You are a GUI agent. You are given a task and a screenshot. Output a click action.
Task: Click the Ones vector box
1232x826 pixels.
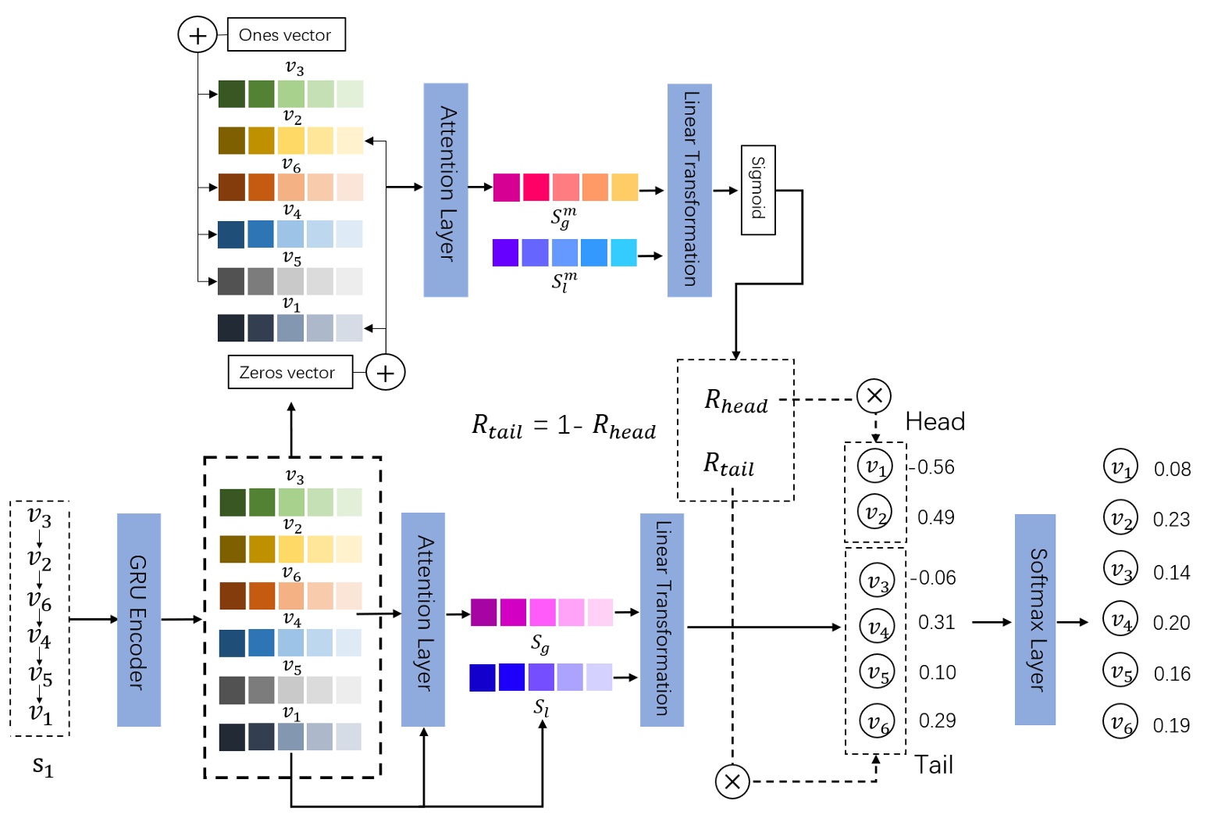click(286, 35)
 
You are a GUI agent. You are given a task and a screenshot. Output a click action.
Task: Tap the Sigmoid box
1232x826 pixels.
click(757, 190)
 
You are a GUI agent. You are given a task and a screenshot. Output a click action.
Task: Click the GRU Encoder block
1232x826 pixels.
click(138, 620)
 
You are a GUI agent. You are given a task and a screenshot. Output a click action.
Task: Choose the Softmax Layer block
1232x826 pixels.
click(1034, 619)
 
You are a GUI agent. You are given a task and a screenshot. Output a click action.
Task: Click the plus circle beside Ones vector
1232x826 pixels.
click(198, 35)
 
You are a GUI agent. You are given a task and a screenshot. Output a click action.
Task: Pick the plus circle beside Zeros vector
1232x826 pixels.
click(385, 373)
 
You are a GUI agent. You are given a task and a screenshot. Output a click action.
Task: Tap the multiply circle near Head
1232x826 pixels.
click(874, 395)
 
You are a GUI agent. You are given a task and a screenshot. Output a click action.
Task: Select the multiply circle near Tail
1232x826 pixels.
click(732, 781)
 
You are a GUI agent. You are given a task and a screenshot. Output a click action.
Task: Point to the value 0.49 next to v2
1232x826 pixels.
click(935, 517)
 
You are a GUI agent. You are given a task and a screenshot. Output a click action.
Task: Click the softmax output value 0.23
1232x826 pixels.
click(1171, 520)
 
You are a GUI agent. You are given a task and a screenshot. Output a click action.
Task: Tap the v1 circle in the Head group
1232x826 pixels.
click(874, 467)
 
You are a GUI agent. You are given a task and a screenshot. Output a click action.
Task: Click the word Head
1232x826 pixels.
click(935, 422)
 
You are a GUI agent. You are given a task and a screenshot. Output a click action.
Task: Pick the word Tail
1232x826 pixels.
click(934, 764)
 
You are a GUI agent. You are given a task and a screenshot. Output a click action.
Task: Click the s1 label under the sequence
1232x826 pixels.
click(42, 766)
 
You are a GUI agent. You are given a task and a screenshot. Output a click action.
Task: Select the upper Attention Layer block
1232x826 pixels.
click(445, 190)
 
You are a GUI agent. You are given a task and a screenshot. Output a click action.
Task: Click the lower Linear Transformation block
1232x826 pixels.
click(661, 620)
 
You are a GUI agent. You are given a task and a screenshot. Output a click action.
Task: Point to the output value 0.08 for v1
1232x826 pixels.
click(1172, 469)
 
